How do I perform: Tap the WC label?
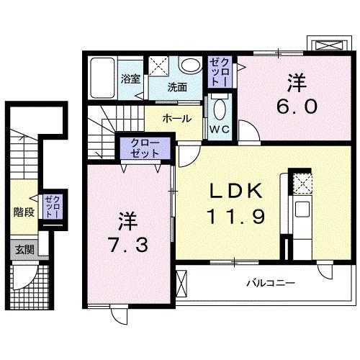tap(219, 130)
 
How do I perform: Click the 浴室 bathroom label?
tap(130, 79)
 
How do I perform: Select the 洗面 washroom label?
tap(177, 87)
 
